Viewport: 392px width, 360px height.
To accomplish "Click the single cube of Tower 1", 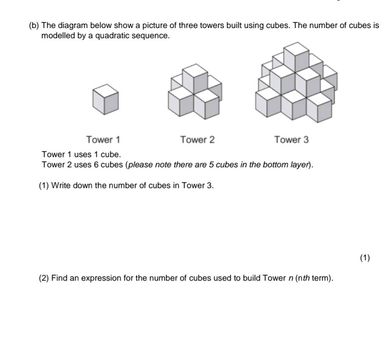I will click(105, 99).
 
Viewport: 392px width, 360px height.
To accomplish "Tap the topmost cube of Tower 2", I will click(195, 78).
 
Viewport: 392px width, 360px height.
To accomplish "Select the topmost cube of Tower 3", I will click(296, 56).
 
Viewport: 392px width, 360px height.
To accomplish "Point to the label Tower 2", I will click(197, 140).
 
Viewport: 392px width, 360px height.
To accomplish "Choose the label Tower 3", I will click(291, 140).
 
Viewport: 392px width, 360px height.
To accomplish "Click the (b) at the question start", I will click(34, 25).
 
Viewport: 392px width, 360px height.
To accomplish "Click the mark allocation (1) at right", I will click(365, 258).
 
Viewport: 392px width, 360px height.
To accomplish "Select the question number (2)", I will click(44, 278).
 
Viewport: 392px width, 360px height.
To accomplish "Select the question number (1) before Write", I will click(44, 186).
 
